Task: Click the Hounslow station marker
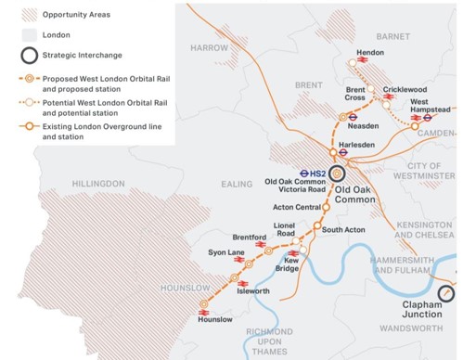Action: click(x=204, y=303)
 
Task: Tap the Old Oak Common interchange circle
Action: click(x=338, y=173)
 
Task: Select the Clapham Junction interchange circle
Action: click(x=446, y=293)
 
